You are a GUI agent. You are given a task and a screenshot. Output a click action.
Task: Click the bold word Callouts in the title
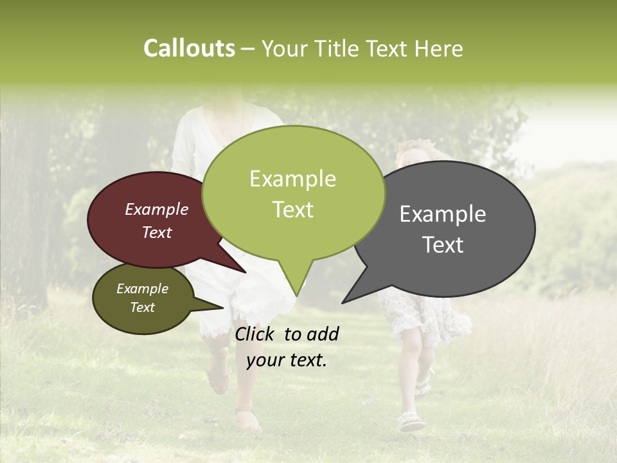pyautogui.click(x=189, y=48)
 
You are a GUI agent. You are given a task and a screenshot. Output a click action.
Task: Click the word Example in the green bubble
pyautogui.click(x=292, y=179)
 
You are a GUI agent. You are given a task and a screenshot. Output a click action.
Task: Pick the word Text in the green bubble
pyautogui.click(x=292, y=210)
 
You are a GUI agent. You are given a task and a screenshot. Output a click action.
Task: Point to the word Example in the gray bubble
pyautogui.click(x=443, y=214)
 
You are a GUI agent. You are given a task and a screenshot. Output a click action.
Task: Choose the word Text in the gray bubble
pyautogui.click(x=443, y=245)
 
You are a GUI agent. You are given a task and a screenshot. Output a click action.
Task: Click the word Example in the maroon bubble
pyautogui.click(x=156, y=210)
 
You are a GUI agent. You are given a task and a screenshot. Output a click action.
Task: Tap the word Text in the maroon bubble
pyautogui.click(x=156, y=233)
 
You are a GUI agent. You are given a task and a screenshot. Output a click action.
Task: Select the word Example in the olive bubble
pyautogui.click(x=142, y=289)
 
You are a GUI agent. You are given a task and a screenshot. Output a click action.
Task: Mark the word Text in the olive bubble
pyautogui.click(x=142, y=307)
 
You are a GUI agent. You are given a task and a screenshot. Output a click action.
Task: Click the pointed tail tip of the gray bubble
pyautogui.click(x=343, y=302)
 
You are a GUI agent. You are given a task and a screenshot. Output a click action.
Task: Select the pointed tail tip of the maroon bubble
pyautogui.click(x=245, y=272)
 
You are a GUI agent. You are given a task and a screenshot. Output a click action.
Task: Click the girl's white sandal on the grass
pyautogui.click(x=411, y=422)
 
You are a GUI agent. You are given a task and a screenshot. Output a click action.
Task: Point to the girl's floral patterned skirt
pyautogui.click(x=418, y=312)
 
